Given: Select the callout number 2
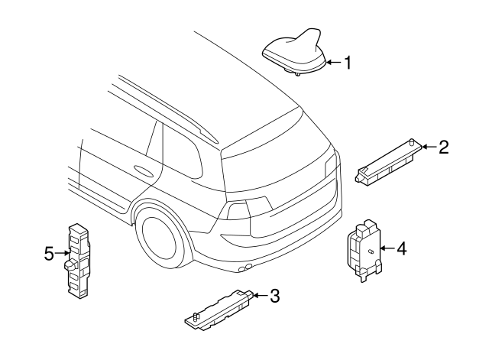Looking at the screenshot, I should point(442,148).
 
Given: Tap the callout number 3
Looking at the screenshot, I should point(275,296).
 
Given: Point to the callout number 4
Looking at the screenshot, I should point(401,248).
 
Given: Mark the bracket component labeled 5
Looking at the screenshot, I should point(77,260).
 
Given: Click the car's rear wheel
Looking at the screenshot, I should point(162,236).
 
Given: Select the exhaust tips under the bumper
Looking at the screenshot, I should point(246,269).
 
